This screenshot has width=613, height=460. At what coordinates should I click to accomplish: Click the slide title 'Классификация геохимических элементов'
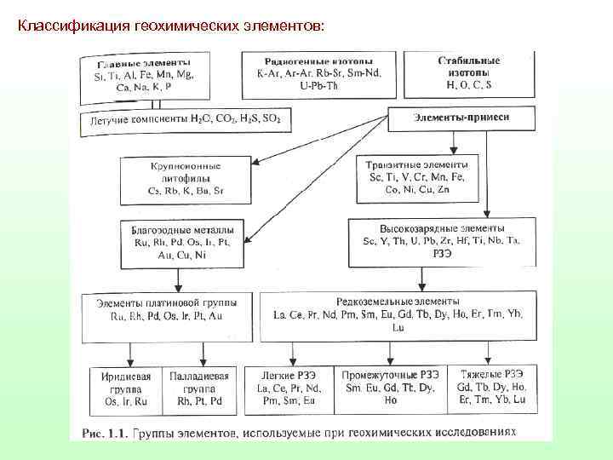pos(170,26)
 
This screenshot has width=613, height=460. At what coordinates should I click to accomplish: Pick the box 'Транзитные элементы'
pos(416,175)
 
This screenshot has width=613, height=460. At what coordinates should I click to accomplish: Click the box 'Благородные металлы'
pos(182,241)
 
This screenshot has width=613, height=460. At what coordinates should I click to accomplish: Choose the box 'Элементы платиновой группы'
pos(173,308)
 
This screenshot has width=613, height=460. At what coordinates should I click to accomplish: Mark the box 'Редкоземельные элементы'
pos(398,313)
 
